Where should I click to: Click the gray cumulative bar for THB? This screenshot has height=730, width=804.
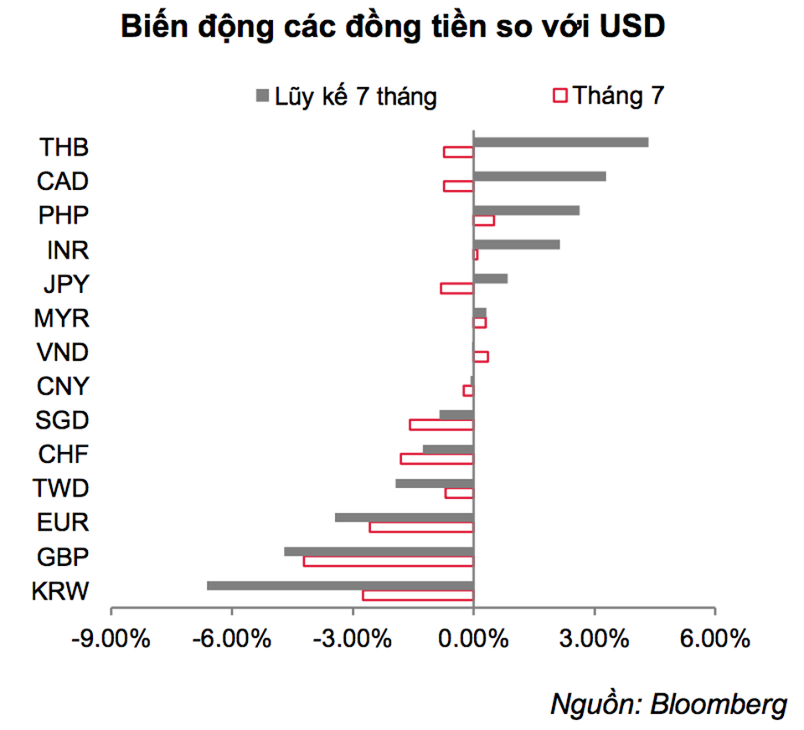point(560,142)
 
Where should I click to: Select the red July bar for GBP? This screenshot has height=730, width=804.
point(389,561)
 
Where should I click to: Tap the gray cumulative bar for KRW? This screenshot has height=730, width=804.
point(340,585)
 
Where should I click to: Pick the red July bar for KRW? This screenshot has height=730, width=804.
point(418,595)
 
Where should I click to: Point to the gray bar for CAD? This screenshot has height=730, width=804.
point(539,176)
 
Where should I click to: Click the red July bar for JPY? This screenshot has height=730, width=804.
point(457,288)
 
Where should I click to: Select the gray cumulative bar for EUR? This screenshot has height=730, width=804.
point(405,517)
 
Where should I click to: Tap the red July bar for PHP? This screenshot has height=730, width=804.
point(484,220)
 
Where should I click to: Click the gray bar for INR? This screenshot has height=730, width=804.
point(516,244)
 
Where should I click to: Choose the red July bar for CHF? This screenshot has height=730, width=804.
point(437,459)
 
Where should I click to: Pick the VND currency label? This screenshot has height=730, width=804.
point(64,352)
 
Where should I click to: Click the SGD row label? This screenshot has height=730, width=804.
point(63,420)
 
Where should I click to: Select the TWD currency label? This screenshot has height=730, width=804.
point(61,488)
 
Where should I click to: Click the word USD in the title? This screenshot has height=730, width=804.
point(633,28)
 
